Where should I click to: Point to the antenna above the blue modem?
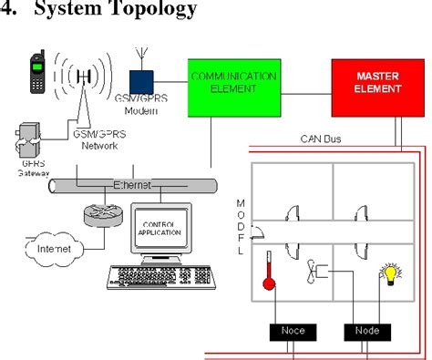(139, 57)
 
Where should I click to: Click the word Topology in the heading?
(151, 12)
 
